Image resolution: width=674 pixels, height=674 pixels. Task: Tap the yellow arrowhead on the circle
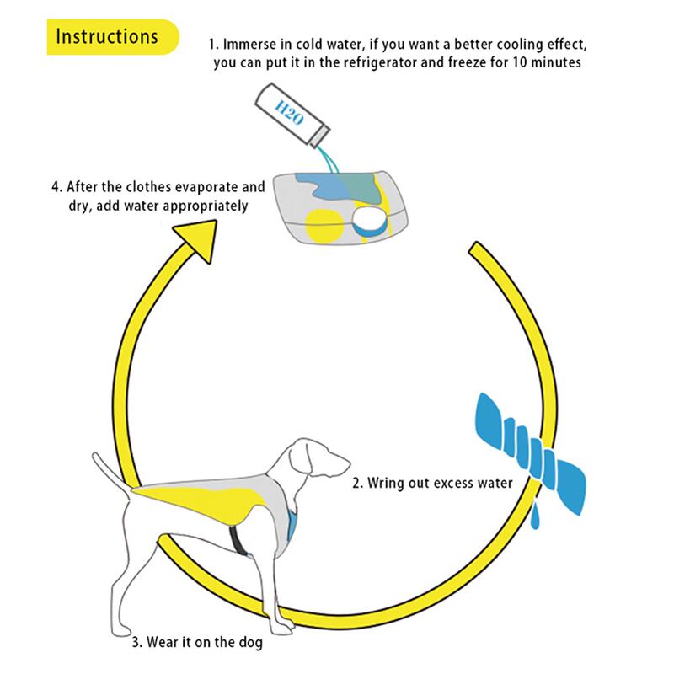201,237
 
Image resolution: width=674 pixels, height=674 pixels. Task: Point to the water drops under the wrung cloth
537,514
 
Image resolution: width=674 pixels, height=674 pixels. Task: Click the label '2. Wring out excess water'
433,484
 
